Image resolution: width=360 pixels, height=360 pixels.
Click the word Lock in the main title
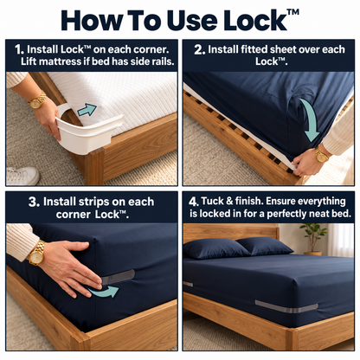coord(255,20)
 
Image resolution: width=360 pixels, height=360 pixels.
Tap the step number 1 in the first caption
coord(19,49)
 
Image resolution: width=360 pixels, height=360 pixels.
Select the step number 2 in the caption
coord(199,49)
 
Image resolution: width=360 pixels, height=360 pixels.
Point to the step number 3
coord(34,202)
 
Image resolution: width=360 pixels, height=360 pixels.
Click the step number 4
coord(194,202)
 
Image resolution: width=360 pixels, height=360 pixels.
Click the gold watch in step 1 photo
coord(37,100)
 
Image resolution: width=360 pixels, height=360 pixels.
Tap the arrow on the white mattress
coord(87,110)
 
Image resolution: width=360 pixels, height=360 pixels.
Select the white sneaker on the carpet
coord(22,175)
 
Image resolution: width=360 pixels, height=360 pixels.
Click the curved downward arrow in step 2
coord(310,119)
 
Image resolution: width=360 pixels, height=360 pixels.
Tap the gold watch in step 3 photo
coord(37,253)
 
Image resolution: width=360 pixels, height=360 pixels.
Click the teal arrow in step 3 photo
coord(103,292)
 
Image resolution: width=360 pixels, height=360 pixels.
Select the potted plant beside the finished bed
coord(313,240)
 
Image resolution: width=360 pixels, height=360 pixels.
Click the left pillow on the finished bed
coord(215,248)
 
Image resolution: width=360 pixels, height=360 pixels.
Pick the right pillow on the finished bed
coord(264,246)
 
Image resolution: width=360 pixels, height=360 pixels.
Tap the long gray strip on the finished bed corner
coord(286,306)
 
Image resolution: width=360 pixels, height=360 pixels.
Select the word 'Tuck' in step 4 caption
coord(212,202)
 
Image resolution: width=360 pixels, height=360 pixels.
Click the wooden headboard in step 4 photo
coord(231,232)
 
